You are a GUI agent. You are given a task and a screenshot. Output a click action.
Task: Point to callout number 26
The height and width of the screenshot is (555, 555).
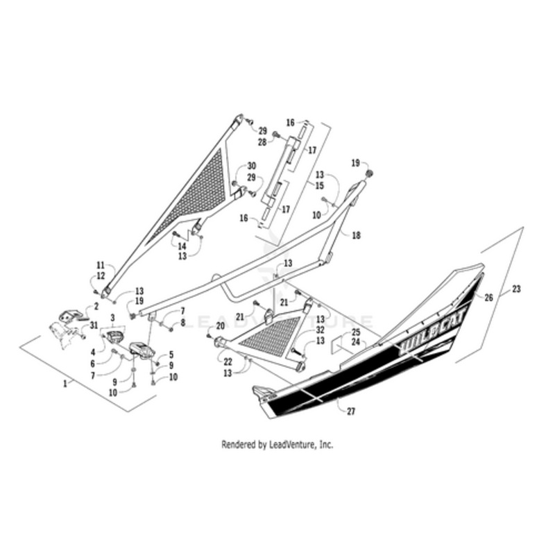[490, 298]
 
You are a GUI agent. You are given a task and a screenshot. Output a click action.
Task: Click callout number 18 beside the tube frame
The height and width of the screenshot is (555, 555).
[356, 236]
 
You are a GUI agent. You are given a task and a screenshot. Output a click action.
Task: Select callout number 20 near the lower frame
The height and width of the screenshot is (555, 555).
[221, 326]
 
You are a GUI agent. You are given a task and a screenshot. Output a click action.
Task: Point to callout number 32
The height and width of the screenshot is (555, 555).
[321, 330]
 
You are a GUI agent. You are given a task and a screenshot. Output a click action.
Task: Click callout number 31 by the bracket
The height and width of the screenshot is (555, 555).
[94, 325]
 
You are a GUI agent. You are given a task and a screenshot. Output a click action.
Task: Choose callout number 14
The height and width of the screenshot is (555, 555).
[182, 246]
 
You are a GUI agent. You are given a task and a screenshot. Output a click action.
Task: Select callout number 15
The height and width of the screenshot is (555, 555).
[320, 186]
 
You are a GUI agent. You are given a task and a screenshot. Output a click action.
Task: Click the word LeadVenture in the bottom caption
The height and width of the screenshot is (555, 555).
[289, 445]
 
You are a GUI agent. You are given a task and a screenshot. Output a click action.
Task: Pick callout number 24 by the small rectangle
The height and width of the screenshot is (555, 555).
[355, 342]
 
